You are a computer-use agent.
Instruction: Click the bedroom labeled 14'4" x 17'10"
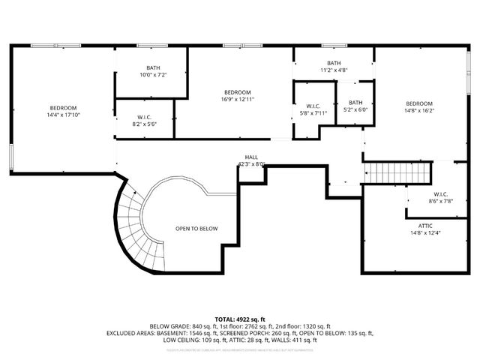pyautogui.click(x=63, y=112)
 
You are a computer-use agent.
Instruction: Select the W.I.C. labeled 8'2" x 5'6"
pyautogui.click(x=145, y=121)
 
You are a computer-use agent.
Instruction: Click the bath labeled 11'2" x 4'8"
pyautogui.click(x=334, y=67)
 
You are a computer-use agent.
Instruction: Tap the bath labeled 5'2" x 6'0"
pyautogui.click(x=355, y=106)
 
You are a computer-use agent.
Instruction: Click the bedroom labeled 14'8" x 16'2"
pyautogui.click(x=419, y=107)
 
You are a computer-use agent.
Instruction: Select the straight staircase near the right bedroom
pyautogui.click(x=398, y=173)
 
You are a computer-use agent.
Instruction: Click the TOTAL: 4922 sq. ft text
pyautogui.click(x=240, y=319)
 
